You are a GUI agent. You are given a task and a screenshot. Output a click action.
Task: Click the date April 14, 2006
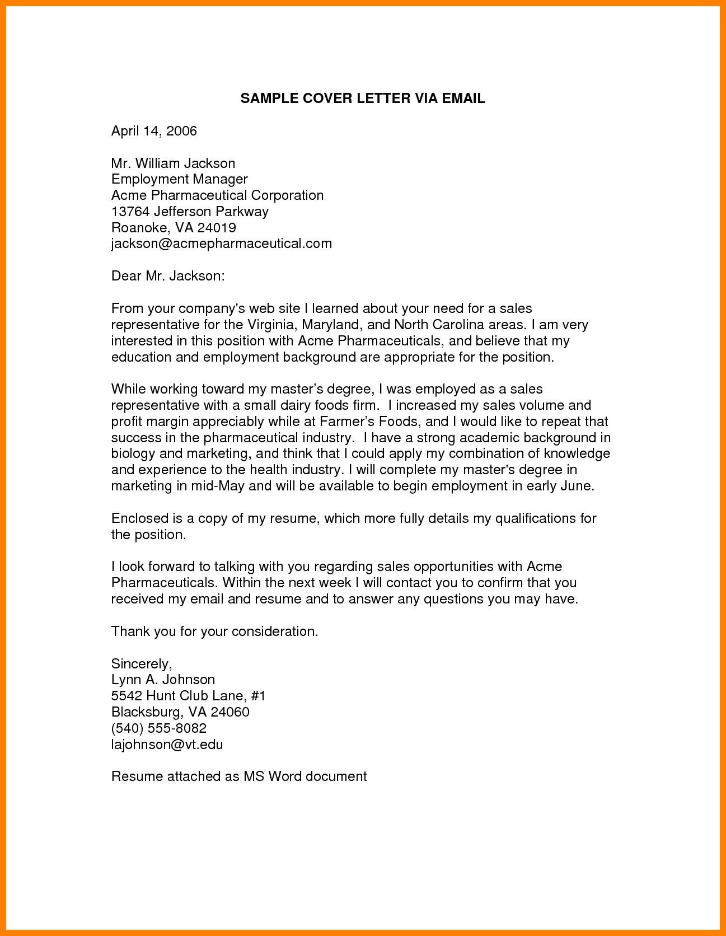[154, 131]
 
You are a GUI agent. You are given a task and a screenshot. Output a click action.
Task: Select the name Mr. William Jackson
[173, 163]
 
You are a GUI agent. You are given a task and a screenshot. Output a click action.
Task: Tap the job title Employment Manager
[179, 179]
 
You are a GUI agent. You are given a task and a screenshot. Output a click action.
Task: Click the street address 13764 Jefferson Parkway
[190, 212]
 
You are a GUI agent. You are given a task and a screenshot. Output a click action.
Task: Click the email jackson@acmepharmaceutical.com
[221, 244]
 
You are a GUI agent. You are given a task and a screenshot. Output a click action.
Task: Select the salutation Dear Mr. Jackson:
[168, 276]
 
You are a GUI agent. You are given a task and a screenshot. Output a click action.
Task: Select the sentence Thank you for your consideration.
[214, 631]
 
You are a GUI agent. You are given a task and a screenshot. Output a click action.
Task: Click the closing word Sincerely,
[142, 664]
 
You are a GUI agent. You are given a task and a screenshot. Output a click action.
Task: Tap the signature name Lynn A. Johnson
[163, 680]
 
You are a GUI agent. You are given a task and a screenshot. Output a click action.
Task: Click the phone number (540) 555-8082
[159, 728]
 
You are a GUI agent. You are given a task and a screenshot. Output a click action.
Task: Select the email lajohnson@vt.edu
[167, 745]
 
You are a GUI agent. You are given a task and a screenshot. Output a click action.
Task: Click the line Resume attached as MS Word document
[239, 776]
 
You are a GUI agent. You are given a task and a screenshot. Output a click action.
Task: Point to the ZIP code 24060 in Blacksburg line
[228, 712]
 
